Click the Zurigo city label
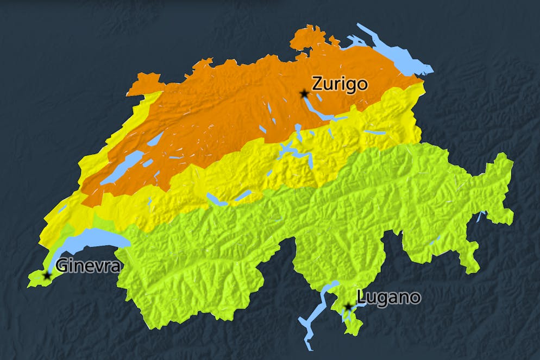[x=340, y=84]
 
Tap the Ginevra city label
[x=87, y=266]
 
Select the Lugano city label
[x=388, y=298]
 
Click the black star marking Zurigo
[x=304, y=94]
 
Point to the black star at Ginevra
[x=47, y=275]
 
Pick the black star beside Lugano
[x=348, y=307]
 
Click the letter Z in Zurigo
[x=317, y=84]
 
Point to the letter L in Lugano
[x=361, y=298]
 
